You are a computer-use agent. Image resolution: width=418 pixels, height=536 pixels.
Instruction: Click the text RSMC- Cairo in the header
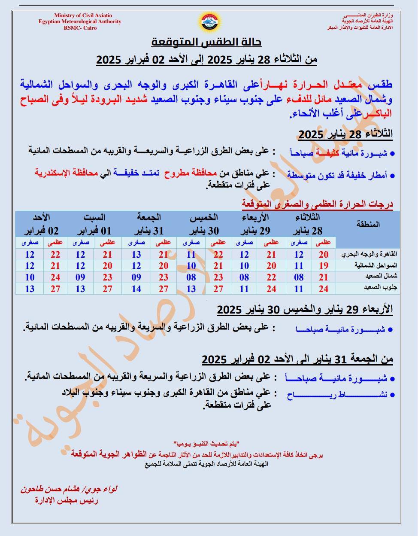point(80,28)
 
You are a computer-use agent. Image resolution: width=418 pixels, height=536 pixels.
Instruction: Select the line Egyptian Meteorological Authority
point(80,21)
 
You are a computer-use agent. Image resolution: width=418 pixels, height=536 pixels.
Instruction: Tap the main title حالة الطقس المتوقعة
point(206,42)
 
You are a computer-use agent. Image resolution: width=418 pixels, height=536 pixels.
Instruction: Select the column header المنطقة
point(368,224)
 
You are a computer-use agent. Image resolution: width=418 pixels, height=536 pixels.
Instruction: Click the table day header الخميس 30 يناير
point(204,224)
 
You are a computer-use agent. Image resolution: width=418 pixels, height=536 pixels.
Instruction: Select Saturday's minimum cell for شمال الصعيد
point(80,277)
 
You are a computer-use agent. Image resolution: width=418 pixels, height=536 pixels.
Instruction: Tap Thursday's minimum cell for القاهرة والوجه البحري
point(191,254)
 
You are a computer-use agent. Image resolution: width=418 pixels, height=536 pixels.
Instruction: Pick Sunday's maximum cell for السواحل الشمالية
point(55,265)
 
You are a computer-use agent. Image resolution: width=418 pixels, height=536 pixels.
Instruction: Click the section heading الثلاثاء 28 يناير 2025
point(345,134)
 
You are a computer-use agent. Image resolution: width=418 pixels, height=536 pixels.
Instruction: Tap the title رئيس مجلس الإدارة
point(67,500)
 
